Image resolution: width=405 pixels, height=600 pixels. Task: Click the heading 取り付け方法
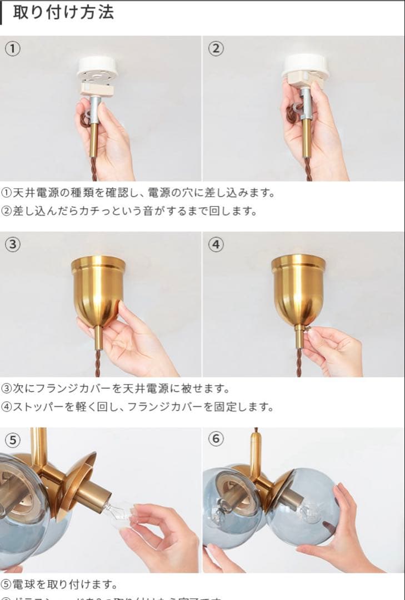[63, 12]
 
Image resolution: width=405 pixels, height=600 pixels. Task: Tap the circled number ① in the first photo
[13, 49]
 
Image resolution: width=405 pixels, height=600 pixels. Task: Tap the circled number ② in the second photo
[216, 49]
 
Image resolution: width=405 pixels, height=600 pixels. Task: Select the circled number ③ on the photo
[13, 244]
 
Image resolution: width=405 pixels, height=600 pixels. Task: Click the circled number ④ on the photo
[217, 244]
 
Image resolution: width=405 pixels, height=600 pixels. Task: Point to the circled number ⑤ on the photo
[13, 440]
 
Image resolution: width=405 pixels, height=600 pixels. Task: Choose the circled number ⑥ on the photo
[217, 439]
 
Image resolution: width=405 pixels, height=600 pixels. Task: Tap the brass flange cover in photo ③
[98, 289]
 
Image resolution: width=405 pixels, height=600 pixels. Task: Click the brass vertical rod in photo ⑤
[39, 447]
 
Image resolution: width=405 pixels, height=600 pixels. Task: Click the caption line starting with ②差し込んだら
[129, 212]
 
